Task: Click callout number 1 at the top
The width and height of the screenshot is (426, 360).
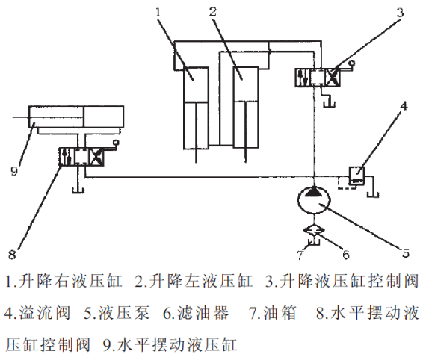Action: pyautogui.click(x=158, y=12)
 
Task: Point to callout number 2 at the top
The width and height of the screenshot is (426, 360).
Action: pyautogui.click(x=213, y=12)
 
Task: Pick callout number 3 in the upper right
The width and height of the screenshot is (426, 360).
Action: pyautogui.click(x=400, y=12)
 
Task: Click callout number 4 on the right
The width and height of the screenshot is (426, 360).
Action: pyautogui.click(x=404, y=105)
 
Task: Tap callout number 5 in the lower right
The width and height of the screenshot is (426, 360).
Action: pyautogui.click(x=405, y=253)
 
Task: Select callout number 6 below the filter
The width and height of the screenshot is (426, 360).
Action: pyautogui.click(x=345, y=255)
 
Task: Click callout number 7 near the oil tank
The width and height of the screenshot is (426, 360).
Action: pyautogui.click(x=300, y=255)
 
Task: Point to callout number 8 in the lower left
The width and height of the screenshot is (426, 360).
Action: pyautogui.click(x=12, y=255)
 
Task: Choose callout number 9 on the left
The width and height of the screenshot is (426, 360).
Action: pyautogui.click(x=14, y=171)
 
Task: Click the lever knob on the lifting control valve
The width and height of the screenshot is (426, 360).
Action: pyautogui.click(x=353, y=63)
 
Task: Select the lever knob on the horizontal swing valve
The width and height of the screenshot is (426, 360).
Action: pyautogui.click(x=117, y=142)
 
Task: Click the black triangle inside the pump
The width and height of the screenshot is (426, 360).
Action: pyautogui.click(x=314, y=191)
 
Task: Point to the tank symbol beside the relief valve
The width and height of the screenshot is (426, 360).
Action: pyautogui.click(x=373, y=194)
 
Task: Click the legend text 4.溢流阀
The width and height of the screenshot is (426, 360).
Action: pyautogui.click(x=37, y=313)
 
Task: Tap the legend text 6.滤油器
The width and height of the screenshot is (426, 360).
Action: pyautogui.click(x=196, y=313)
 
